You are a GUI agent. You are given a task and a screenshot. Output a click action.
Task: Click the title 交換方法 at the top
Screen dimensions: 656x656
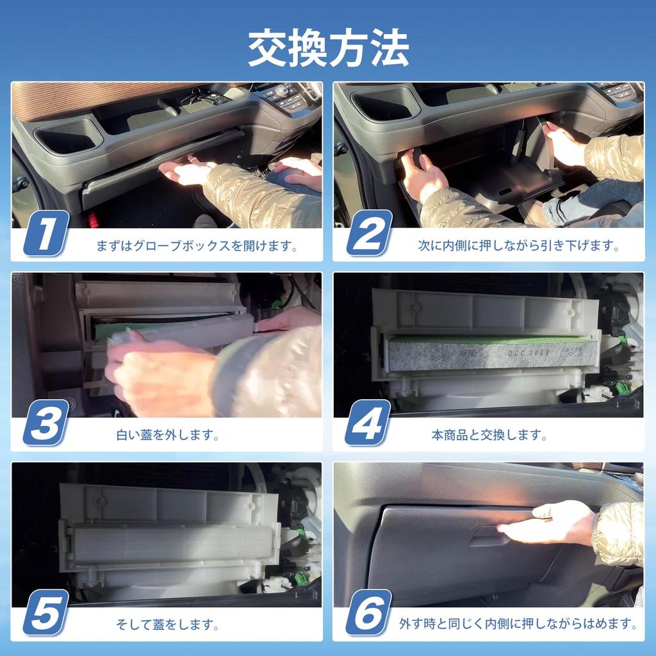[328, 48]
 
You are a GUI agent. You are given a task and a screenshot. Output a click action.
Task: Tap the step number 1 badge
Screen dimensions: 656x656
[45, 234]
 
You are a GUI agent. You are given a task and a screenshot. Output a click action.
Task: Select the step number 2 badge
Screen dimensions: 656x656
[368, 234]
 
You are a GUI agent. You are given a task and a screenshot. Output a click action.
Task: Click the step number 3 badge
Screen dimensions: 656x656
[45, 423]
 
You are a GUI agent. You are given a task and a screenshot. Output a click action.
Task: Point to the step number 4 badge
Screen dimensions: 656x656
[368, 423]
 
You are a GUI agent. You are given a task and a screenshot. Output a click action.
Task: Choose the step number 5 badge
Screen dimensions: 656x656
[45, 612]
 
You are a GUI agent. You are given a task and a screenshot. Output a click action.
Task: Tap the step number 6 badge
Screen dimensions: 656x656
[368, 612]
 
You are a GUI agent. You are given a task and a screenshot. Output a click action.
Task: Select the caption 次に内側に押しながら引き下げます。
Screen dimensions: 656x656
[519, 245]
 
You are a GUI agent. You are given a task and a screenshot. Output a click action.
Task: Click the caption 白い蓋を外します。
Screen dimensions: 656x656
[168, 436]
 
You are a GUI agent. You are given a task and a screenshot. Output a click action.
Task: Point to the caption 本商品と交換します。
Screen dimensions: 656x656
[489, 436]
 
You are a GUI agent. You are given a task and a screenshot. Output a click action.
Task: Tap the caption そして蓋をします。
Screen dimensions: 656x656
[168, 623]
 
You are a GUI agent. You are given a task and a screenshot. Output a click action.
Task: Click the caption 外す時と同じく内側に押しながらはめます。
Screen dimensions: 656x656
[518, 623]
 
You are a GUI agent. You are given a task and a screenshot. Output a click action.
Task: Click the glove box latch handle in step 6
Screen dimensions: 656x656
[490, 537]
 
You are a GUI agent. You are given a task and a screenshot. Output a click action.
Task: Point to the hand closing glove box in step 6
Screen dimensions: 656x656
[551, 522]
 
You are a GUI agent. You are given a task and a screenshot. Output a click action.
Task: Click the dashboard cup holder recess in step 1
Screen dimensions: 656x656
[68, 136]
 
